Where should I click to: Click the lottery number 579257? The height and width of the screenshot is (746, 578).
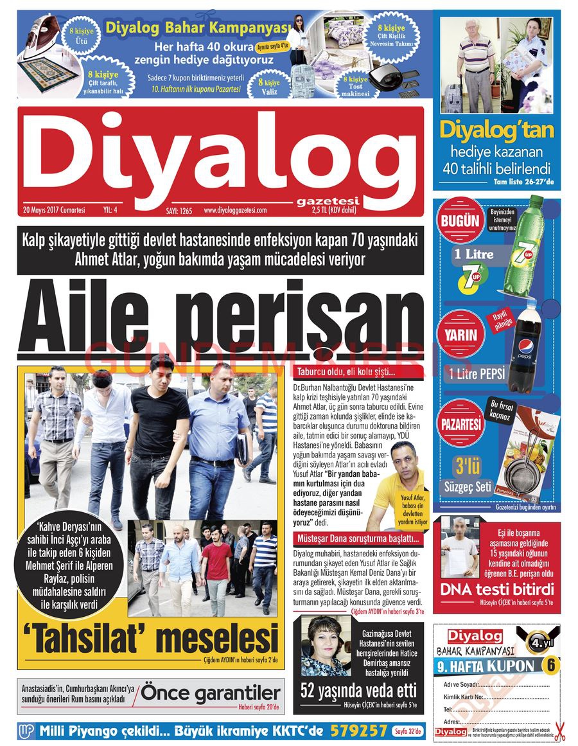pyautogui.click(x=359, y=731)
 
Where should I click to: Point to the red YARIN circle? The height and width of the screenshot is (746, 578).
pyautogui.click(x=460, y=335)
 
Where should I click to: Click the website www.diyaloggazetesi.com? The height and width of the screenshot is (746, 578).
pyautogui.click(x=235, y=209)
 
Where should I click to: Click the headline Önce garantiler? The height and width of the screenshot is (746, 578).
pyautogui.click(x=211, y=693)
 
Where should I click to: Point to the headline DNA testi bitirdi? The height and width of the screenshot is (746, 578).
pyautogui.click(x=496, y=589)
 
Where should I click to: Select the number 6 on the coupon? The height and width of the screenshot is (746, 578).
pyautogui.click(x=550, y=664)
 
